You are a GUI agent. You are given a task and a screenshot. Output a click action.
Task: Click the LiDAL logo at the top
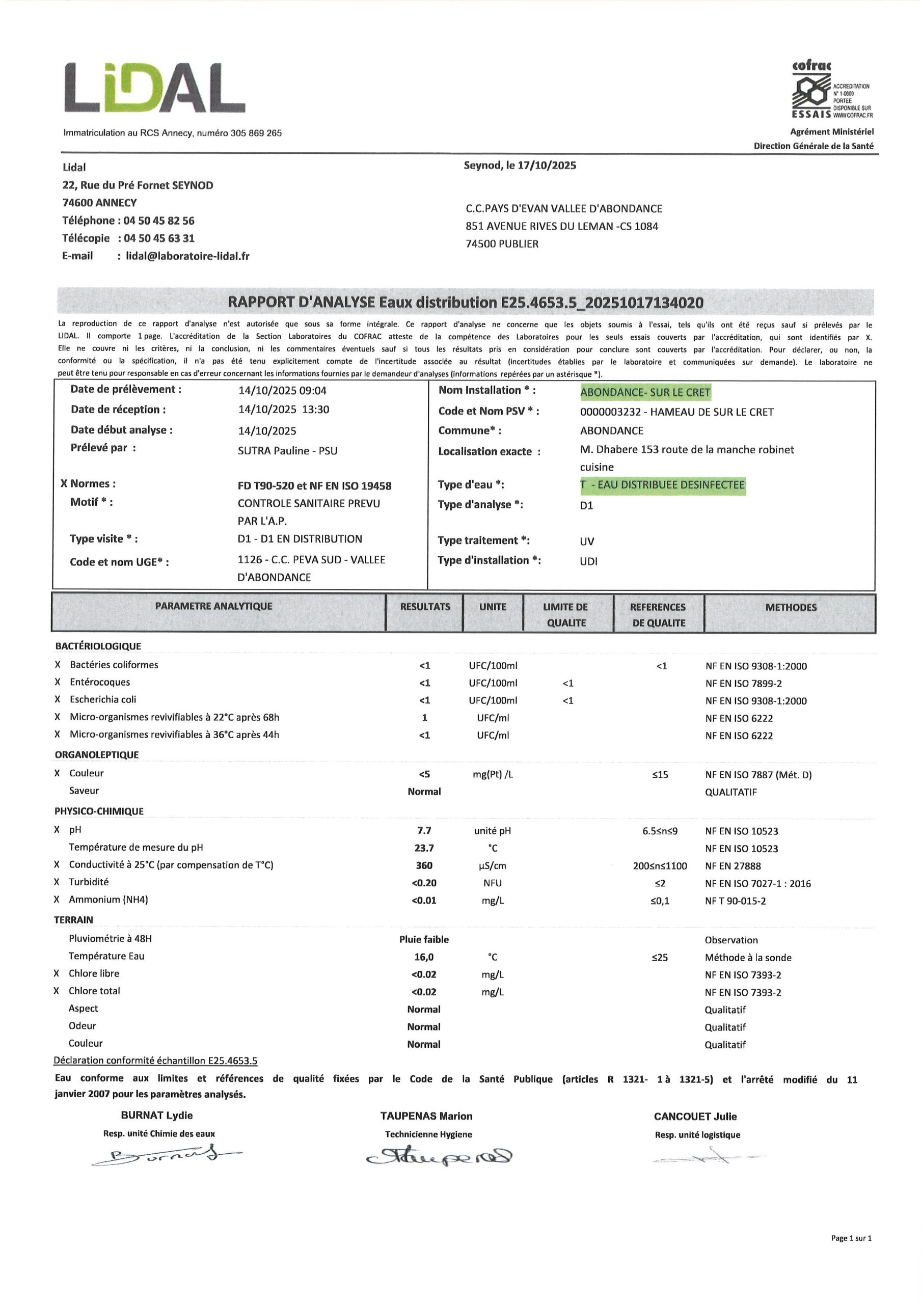(154, 88)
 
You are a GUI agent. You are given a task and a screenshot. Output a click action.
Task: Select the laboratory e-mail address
(187, 256)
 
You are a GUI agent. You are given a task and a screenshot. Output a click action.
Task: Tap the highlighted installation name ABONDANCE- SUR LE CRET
(645, 392)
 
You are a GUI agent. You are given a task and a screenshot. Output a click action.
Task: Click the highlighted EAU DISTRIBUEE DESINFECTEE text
(662, 485)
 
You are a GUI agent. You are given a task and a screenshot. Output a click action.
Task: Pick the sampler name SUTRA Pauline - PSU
(287, 451)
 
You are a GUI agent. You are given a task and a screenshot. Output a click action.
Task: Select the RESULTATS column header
(424, 607)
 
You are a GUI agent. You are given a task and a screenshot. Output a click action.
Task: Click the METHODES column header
(790, 607)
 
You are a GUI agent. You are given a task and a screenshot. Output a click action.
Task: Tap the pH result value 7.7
(424, 830)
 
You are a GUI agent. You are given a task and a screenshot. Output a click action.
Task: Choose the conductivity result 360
(424, 865)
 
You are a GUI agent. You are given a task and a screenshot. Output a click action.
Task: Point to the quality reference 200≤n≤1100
(660, 866)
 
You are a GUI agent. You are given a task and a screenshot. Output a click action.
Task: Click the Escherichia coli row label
(103, 700)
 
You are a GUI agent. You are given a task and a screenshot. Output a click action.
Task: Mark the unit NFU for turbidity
(492, 883)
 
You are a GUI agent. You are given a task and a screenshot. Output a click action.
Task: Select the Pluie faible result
(424, 939)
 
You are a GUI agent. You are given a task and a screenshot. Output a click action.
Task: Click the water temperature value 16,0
(424, 957)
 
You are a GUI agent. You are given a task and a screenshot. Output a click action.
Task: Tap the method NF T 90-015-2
(735, 901)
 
